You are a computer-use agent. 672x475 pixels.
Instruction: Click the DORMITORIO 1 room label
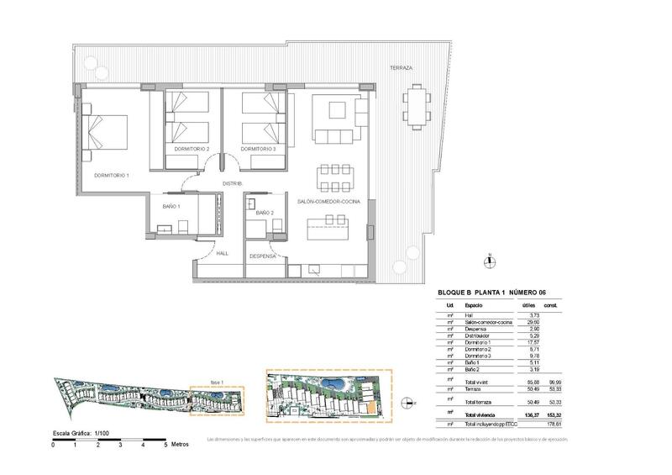click(x=111, y=175)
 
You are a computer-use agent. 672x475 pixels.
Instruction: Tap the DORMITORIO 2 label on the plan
click(x=192, y=149)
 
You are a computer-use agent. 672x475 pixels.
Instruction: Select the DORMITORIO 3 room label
click(x=258, y=149)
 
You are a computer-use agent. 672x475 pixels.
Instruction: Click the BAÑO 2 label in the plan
click(x=265, y=213)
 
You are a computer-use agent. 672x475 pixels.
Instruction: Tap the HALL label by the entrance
click(x=222, y=252)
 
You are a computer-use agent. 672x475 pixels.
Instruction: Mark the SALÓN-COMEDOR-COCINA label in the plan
click(x=329, y=202)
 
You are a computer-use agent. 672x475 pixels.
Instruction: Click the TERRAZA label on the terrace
click(x=401, y=68)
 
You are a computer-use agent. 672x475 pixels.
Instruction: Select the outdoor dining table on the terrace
click(x=417, y=107)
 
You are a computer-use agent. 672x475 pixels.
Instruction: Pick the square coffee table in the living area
click(x=335, y=112)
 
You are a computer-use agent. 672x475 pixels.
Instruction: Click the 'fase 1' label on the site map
click(x=217, y=380)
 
